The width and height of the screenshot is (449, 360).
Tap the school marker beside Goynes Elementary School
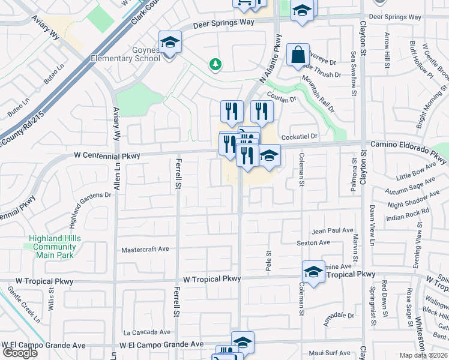point(170,43)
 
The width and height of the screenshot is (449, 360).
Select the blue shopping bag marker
point(298,56)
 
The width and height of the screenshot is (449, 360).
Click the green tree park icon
point(215,64)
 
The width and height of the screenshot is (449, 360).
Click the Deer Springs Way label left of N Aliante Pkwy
point(224,23)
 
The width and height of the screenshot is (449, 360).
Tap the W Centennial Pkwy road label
point(107,156)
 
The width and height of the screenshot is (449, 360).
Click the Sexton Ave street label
point(313,243)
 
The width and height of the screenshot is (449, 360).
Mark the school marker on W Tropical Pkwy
point(313,272)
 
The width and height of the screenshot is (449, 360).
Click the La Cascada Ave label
point(148,332)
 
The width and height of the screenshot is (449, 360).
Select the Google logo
point(20,352)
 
